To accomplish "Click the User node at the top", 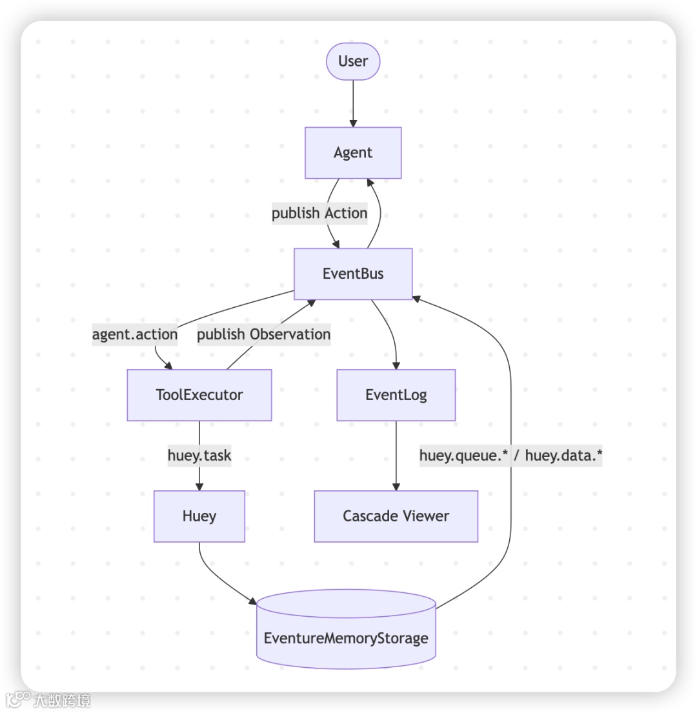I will tap(353, 62).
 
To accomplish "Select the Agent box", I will tap(353, 153).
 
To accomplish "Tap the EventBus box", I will tap(353, 274).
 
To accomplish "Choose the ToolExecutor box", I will tap(199, 395).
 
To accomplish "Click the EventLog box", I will tap(396, 395).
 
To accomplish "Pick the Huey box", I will tap(199, 516).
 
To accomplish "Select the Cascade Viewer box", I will tap(396, 516).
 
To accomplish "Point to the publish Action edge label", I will tap(319, 214).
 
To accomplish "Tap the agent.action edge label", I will tap(135, 334).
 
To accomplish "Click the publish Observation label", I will tap(263, 334).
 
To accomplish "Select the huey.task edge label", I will tap(199, 456).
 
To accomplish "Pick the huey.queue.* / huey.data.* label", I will tap(510, 456).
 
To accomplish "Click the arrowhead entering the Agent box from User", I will tap(353, 123).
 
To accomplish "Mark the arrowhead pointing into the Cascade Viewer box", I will tap(396, 487).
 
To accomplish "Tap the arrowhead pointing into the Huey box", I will tap(199, 487).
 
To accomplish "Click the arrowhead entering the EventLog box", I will tap(396, 365).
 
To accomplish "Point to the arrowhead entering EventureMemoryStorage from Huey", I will tap(252, 601).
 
